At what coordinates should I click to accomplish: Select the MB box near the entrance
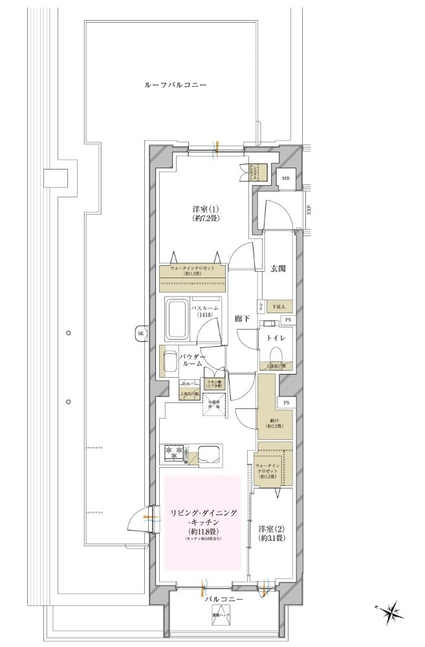(285, 179)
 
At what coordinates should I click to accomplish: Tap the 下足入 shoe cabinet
(276, 307)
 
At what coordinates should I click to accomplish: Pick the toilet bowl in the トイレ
(276, 353)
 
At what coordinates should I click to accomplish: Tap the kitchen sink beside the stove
(208, 454)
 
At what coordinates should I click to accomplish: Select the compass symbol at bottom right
(391, 610)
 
